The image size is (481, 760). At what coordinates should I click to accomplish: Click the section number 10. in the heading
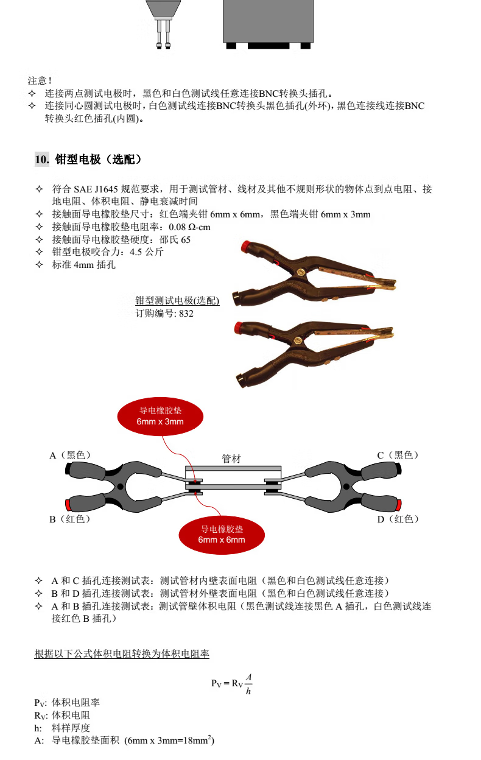pos(42,160)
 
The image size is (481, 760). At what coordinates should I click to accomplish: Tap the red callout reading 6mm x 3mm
pos(160,417)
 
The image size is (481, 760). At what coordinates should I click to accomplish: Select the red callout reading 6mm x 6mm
pos(222,535)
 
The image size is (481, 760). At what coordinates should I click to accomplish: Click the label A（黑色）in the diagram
pos(70,455)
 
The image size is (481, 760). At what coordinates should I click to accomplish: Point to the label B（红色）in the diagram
pos(70,519)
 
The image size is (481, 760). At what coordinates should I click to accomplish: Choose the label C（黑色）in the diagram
pos(398,455)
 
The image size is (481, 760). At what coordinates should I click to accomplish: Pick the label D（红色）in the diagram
pos(398,519)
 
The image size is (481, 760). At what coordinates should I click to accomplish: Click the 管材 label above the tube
pos(231,459)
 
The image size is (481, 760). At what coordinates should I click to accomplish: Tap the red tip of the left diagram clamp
pos(68,505)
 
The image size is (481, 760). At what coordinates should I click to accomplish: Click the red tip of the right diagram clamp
pos(399,505)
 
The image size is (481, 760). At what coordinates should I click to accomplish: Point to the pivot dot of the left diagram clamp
pos(120,487)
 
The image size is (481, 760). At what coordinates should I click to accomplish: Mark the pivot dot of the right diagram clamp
pos(346,487)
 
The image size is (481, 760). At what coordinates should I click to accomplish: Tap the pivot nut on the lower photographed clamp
pos(298,340)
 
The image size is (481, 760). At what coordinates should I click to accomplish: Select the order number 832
pos(186,314)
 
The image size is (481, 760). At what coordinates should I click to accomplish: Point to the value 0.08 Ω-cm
pos(189,227)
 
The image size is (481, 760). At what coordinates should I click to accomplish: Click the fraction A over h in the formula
pos(248,684)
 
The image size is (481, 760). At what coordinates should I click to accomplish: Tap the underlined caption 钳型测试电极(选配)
pos(177,301)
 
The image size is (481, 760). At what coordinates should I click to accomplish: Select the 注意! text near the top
pos(40,81)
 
